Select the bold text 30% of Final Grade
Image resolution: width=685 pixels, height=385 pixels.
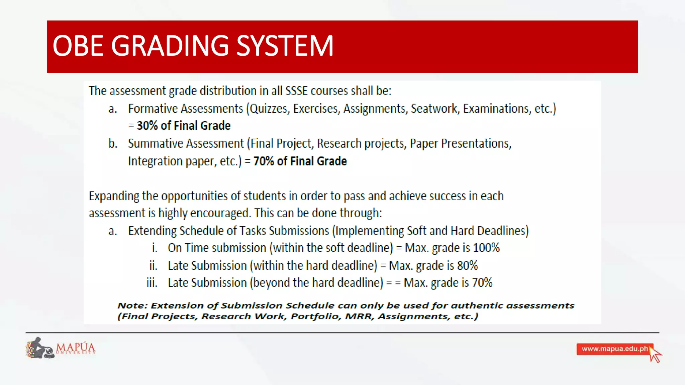(184, 126)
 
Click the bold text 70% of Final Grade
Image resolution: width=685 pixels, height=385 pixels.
(300, 161)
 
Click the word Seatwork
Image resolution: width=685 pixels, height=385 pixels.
(434, 109)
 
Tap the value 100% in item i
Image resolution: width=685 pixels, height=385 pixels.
(486, 248)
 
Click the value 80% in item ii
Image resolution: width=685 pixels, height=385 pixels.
(468, 266)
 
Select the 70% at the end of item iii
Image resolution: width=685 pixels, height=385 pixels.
(482, 283)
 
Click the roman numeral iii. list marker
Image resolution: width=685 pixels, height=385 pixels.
(152, 283)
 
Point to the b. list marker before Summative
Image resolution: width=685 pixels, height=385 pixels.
(113, 143)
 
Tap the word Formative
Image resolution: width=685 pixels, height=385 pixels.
(152, 109)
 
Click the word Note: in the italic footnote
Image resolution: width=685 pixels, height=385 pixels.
(132, 305)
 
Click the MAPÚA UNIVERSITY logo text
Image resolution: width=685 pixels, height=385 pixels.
(76, 348)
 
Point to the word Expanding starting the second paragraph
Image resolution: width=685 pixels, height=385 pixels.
(114, 196)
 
